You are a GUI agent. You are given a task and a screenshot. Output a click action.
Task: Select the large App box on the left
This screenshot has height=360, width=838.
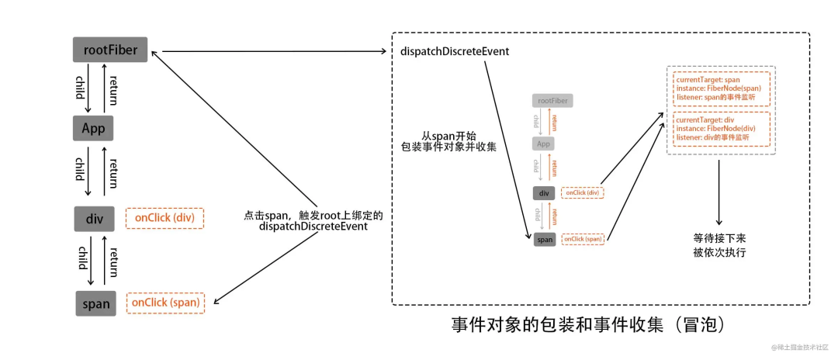[x=94, y=127]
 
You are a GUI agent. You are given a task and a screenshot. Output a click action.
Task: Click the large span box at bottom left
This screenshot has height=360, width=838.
[x=96, y=303]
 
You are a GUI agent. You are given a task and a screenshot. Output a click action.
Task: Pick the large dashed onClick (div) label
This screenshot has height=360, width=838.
[x=164, y=218]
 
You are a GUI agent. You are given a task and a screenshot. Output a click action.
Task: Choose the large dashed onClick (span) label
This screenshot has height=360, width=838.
[x=165, y=303]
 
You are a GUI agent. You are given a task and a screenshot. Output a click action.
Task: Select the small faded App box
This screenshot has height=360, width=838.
[x=543, y=144]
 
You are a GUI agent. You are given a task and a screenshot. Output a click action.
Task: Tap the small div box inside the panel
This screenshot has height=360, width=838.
[x=544, y=192]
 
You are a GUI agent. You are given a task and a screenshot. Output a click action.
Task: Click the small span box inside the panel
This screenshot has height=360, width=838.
[x=545, y=239]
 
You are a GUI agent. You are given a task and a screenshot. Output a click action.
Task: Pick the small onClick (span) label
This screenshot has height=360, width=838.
[x=583, y=239]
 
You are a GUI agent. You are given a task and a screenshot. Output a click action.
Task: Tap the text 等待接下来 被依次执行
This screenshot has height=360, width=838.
[x=719, y=244]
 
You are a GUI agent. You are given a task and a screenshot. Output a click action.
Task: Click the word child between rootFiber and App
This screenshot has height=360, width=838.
[x=79, y=88]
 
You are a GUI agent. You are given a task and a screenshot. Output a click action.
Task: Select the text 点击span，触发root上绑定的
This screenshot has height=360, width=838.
[x=313, y=215]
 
